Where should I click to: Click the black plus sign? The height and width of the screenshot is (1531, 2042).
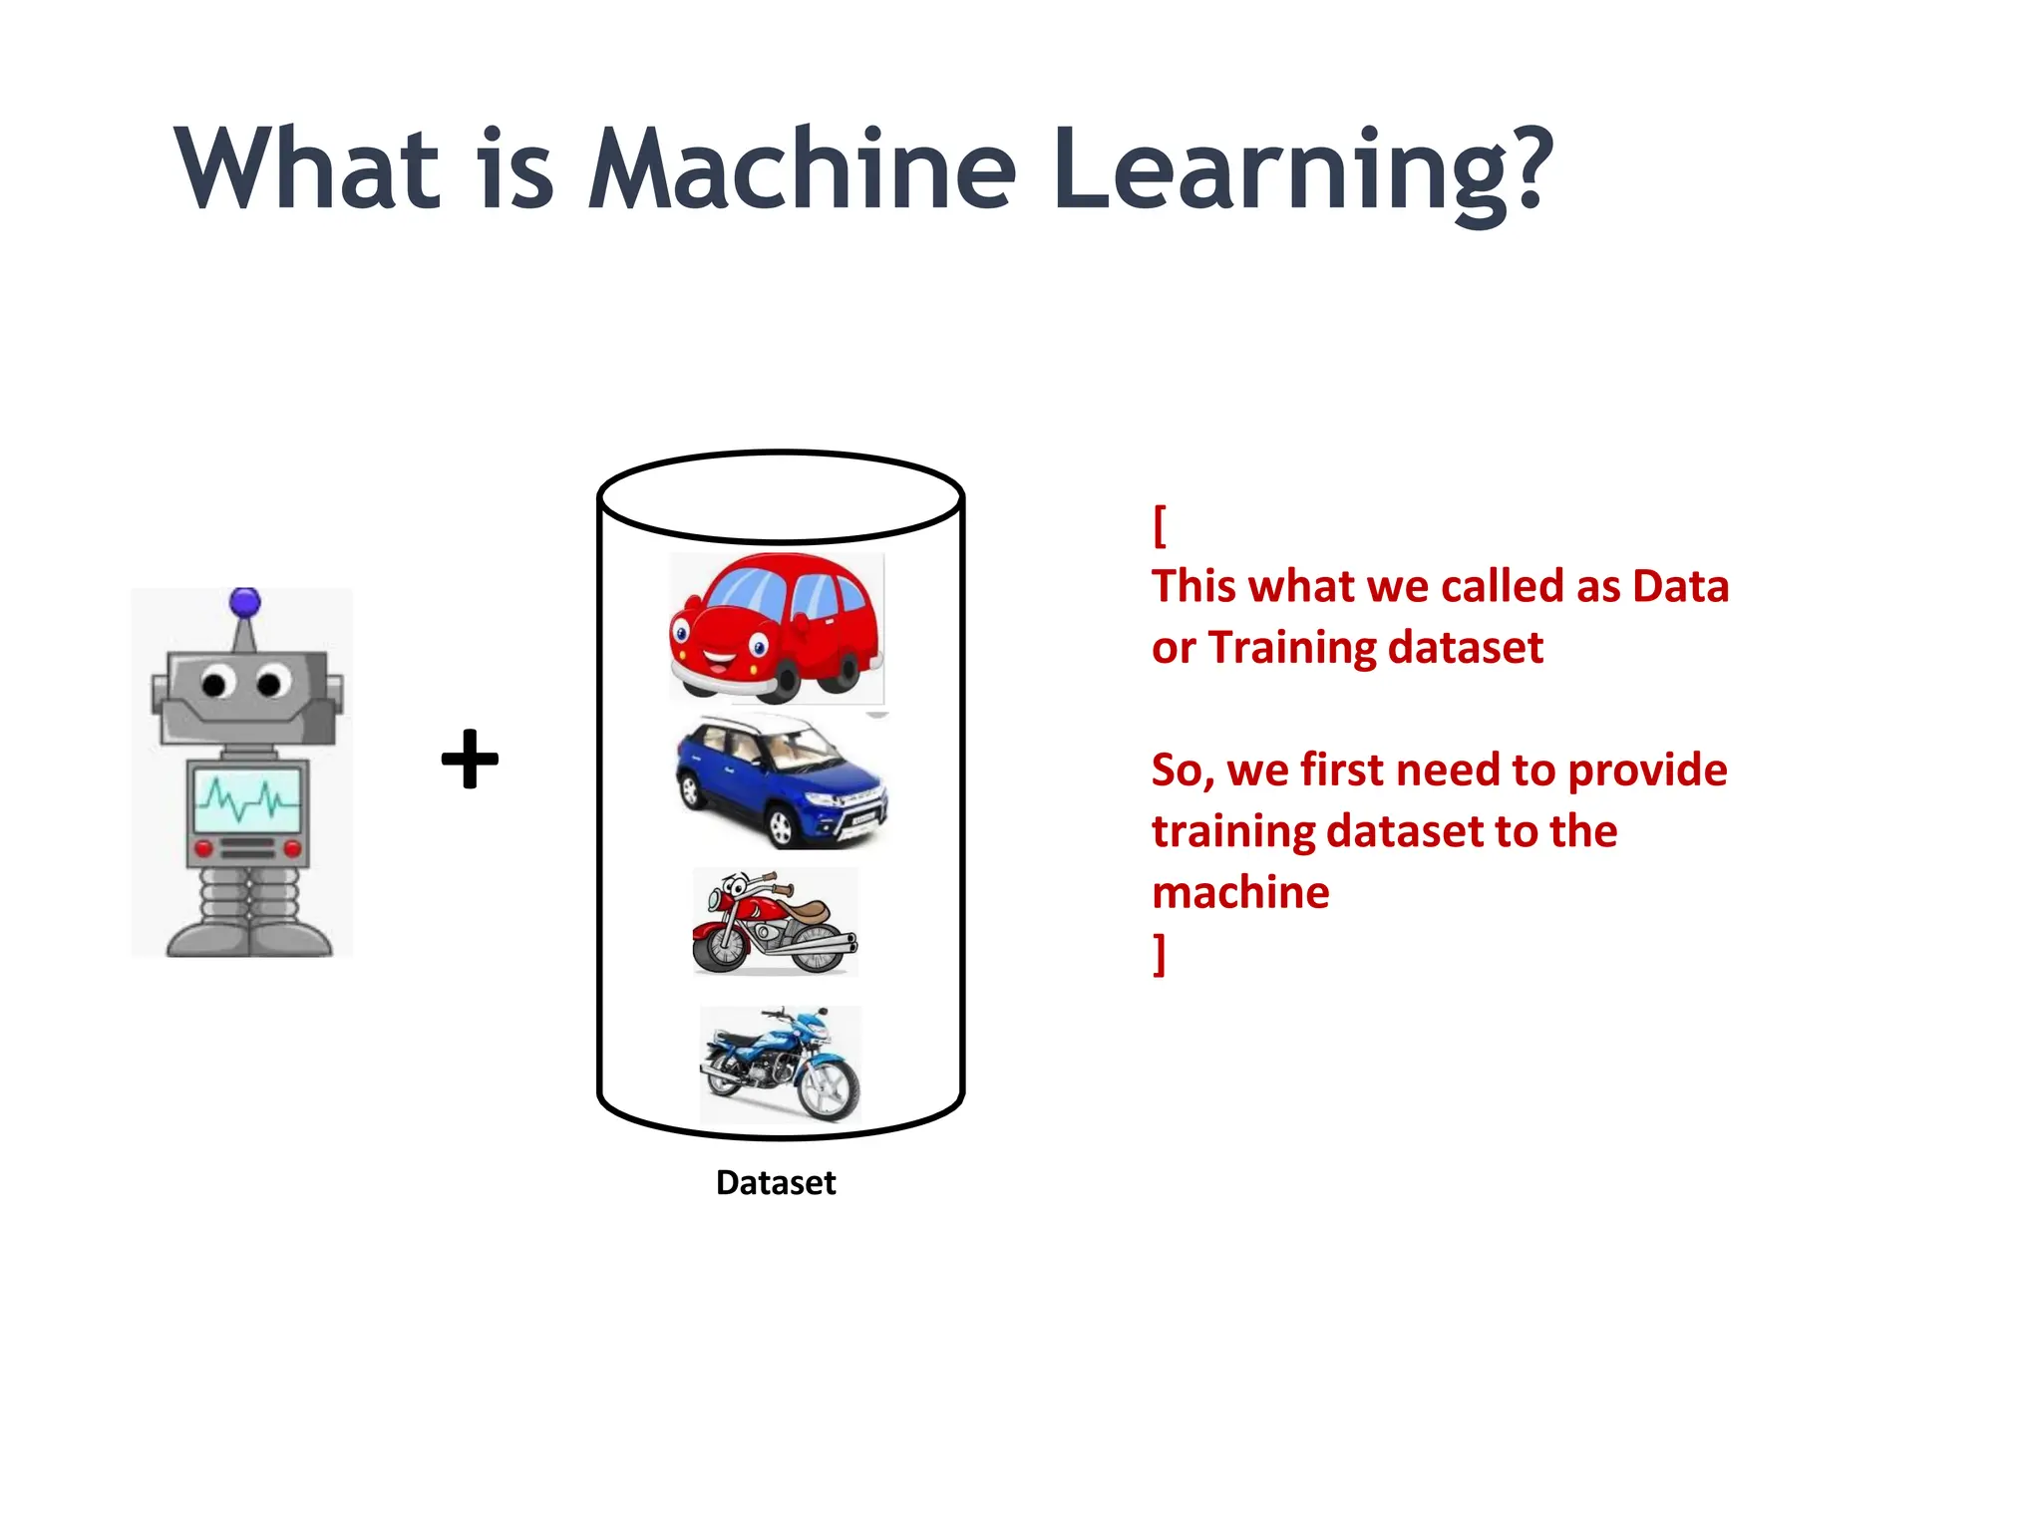coord(470,760)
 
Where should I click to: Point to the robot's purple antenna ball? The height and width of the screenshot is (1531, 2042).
coord(245,602)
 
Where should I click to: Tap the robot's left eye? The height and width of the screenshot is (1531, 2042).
coord(214,684)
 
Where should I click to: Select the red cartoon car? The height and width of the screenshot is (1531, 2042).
coord(776,625)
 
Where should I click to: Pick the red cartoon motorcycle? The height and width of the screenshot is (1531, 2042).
coord(774,922)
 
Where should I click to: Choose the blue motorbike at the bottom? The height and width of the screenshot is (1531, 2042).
coord(780,1065)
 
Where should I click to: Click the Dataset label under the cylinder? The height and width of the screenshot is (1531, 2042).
coord(776,1182)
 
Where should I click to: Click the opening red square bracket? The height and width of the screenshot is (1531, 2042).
coord(1159,525)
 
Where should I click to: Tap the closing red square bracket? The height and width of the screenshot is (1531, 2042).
coord(1159,954)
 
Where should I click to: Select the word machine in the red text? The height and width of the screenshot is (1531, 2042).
coord(1240,892)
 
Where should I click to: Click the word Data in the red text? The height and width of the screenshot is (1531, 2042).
coord(1680,586)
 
